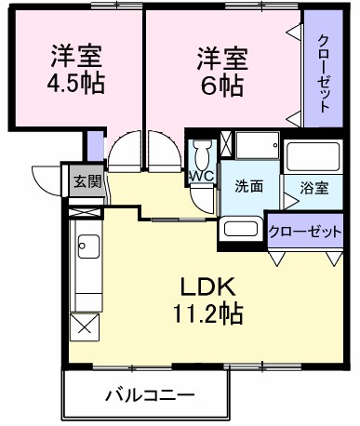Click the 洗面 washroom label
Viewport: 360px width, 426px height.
249,185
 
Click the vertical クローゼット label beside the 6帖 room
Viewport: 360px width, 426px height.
323,73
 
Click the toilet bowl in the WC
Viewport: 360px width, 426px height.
202,153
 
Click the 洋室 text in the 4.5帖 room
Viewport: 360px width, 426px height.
76,53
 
